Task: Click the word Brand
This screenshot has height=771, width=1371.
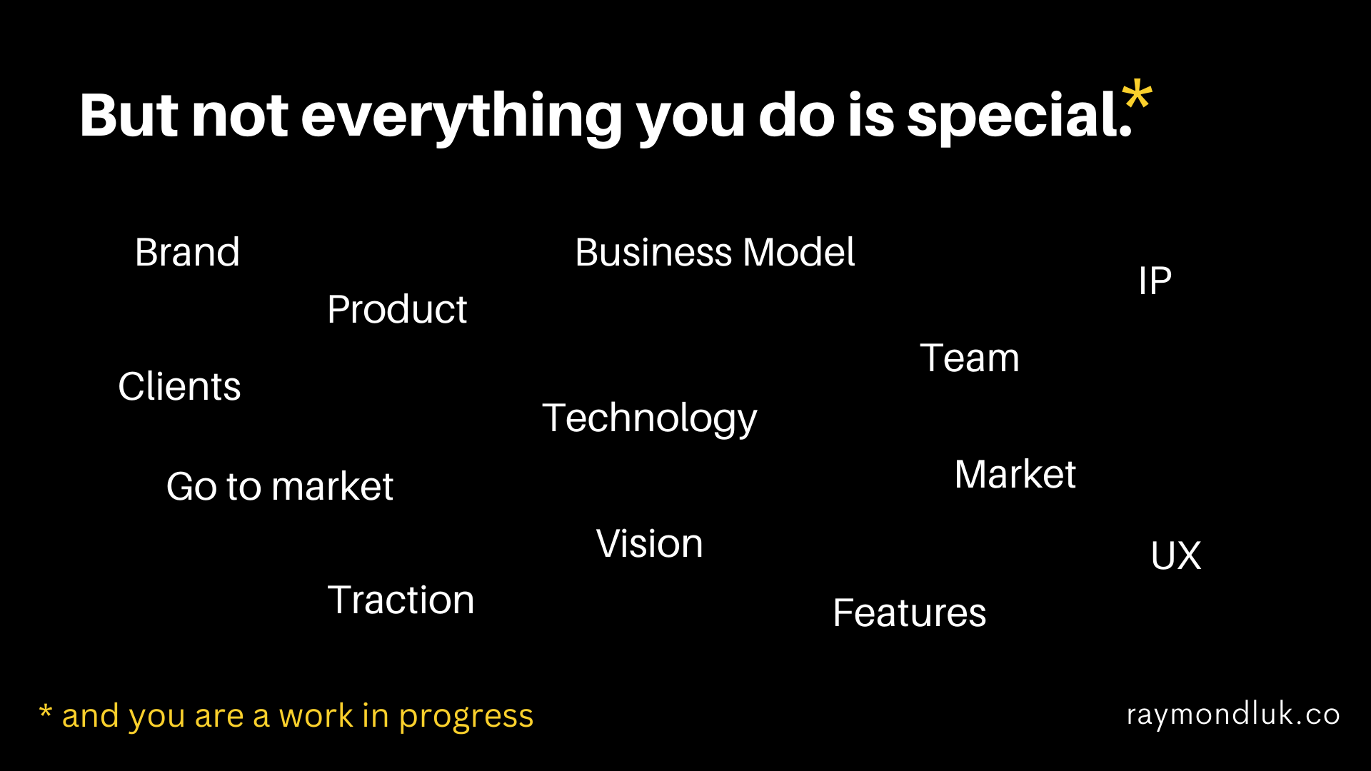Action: click(x=187, y=252)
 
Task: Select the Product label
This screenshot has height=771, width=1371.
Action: click(x=397, y=309)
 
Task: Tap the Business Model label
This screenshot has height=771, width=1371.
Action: click(x=715, y=252)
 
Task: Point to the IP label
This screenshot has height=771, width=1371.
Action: click(x=1155, y=281)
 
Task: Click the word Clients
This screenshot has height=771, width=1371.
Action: click(x=179, y=386)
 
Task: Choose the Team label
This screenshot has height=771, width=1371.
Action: click(x=970, y=358)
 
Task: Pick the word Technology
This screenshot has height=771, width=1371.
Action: click(x=649, y=419)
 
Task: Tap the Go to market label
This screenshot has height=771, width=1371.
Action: click(x=280, y=487)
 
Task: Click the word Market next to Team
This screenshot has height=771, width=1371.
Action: click(x=1015, y=474)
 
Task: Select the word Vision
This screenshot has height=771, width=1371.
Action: click(x=649, y=543)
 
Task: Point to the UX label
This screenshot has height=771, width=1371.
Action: click(x=1176, y=555)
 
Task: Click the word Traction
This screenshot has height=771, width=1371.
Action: click(x=401, y=600)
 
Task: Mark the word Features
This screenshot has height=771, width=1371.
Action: click(x=909, y=613)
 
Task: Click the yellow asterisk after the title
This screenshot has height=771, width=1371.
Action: click(x=1137, y=98)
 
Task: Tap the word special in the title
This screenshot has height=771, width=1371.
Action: click(x=1019, y=116)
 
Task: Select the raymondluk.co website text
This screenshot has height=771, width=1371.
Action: click(x=1233, y=715)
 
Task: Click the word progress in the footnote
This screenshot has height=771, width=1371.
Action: click(x=466, y=717)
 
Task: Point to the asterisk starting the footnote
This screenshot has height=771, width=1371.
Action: click(x=46, y=711)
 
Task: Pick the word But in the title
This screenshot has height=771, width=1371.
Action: click(x=129, y=115)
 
